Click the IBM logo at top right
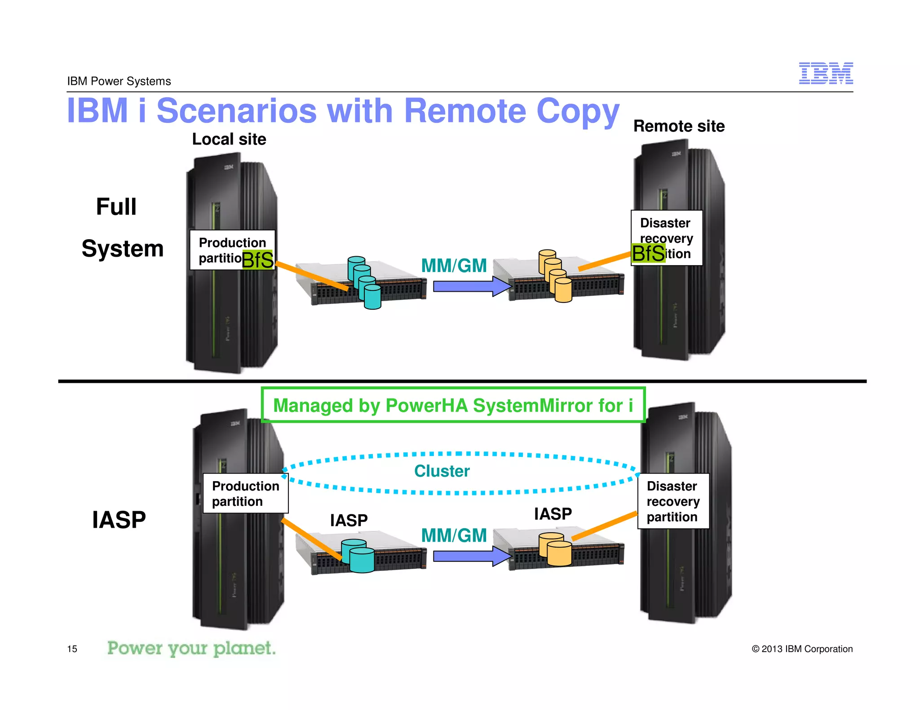tap(825, 73)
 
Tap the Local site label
tap(229, 139)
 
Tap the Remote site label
tap(678, 126)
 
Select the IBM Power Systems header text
tap(119, 81)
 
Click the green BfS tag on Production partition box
tap(257, 260)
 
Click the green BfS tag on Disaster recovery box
tap(648, 254)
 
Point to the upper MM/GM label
tap(454, 266)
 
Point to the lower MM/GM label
tap(454, 535)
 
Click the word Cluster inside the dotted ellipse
tap(442, 471)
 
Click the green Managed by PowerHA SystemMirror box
tap(453, 405)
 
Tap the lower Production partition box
tap(245, 494)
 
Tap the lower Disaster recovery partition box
tap(673, 501)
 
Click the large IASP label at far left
tap(119, 520)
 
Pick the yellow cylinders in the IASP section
tap(555, 549)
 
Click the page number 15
tap(72, 649)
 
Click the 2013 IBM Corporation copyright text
tap(802, 649)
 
